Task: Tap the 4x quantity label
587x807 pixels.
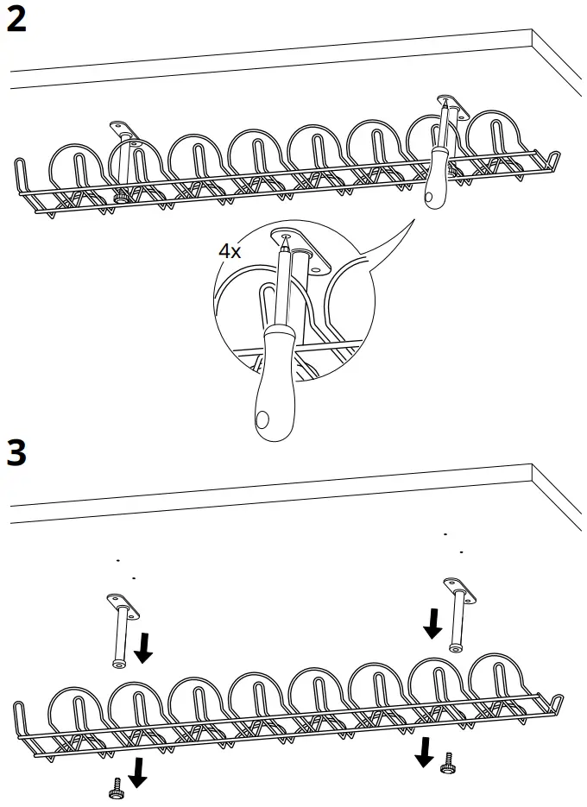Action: click(229, 252)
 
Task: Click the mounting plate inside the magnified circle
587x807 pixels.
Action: click(302, 249)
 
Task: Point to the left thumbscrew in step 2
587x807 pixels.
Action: click(121, 199)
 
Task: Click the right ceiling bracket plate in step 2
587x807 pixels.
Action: click(451, 107)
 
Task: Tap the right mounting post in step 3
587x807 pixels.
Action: click(457, 615)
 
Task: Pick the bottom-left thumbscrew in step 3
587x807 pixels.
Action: click(116, 788)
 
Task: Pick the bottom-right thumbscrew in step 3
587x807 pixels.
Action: click(447, 764)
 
